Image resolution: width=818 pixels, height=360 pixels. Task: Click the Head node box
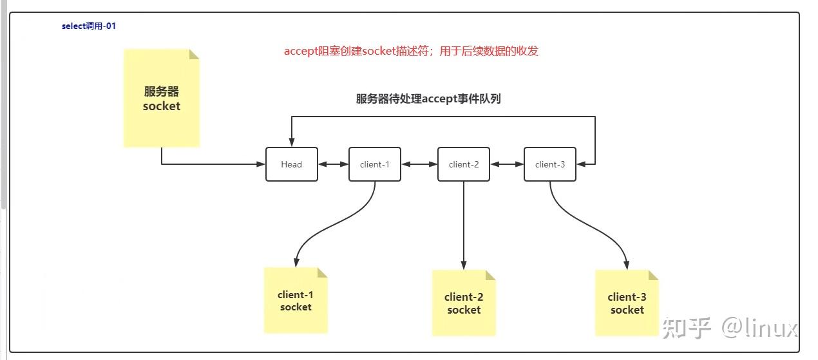[291, 164]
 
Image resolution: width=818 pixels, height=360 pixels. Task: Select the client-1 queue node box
[374, 164]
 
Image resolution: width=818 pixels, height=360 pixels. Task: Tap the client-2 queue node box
[463, 164]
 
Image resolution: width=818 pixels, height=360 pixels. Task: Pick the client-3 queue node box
[549, 164]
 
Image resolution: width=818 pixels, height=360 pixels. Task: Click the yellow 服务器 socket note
[161, 99]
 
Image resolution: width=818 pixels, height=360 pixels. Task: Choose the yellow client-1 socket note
[296, 301]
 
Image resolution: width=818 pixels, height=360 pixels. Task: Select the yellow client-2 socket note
[464, 303]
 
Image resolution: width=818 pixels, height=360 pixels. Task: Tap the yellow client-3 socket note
[627, 303]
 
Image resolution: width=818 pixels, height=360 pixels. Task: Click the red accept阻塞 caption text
[411, 52]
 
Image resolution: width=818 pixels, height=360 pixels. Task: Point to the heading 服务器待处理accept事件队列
[428, 99]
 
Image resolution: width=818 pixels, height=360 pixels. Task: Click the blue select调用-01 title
[88, 26]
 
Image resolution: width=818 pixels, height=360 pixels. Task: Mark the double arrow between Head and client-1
[333, 164]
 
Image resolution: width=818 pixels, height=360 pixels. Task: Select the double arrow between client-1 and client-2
[419, 164]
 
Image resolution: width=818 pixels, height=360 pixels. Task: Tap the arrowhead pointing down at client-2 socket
[464, 265]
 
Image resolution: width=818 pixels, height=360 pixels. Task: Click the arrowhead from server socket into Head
[261, 164]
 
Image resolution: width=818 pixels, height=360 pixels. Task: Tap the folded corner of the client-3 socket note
[653, 275]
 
